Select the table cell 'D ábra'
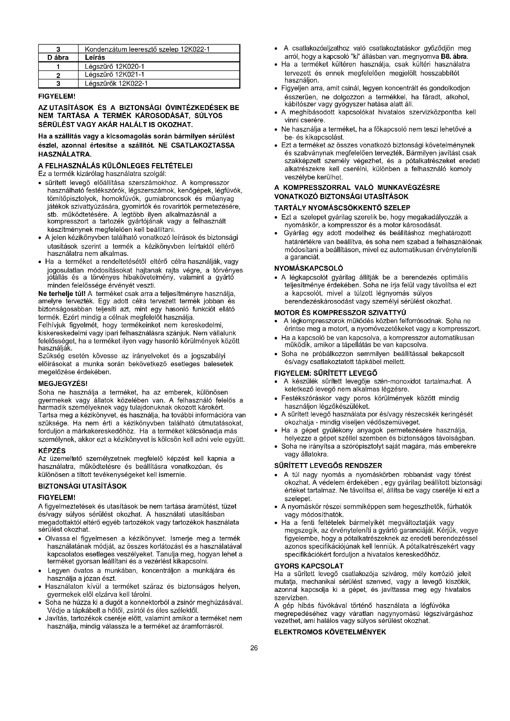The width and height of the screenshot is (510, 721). pyautogui.click(x=58, y=57)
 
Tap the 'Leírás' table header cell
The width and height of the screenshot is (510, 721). pyautogui.click(x=95, y=57)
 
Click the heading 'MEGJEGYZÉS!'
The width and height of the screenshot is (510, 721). pyautogui.click(x=63, y=383)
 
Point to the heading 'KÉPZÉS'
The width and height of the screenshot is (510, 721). pyautogui.click(x=52, y=451)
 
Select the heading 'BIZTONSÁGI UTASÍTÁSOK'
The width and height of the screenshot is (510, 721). pyautogui.click(x=82, y=486)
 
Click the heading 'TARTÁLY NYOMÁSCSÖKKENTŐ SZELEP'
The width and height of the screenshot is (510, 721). pyautogui.click(x=342, y=208)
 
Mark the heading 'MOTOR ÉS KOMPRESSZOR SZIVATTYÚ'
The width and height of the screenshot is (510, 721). pyautogui.click(x=340, y=313)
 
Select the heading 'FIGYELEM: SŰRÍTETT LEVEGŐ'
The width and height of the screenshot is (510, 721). pyautogui.click(x=326, y=373)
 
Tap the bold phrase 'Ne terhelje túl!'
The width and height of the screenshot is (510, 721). pyautogui.click(x=62, y=294)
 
